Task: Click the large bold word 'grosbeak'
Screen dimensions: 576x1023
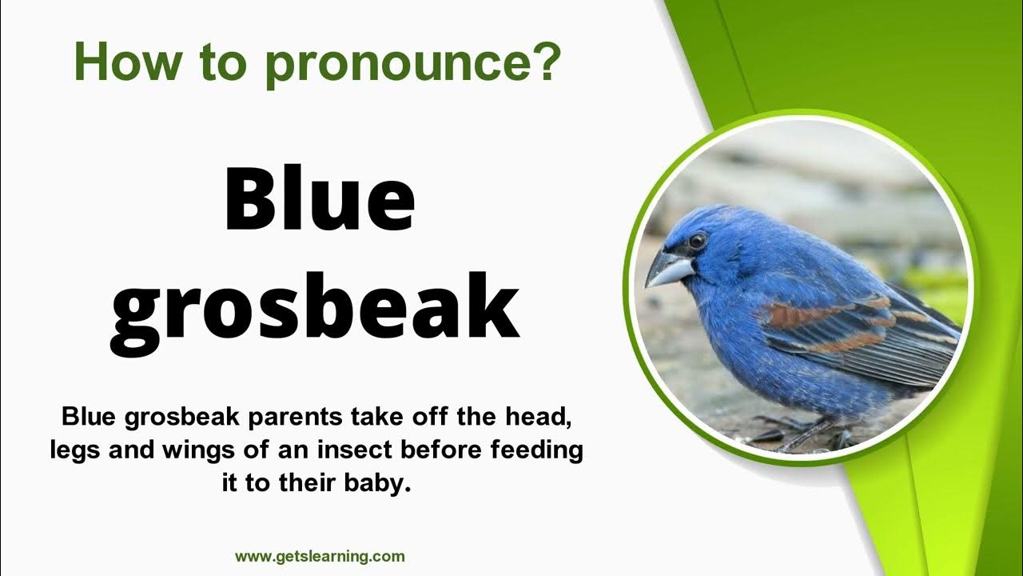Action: [315, 308]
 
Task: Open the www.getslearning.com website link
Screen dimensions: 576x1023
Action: [320, 556]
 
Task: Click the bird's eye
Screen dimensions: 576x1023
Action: [697, 239]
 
